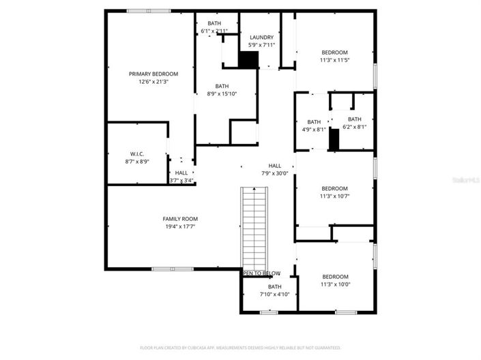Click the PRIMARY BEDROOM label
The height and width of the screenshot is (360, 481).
154,74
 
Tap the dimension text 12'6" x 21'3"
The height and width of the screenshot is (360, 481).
154,82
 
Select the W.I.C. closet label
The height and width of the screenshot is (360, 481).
137,154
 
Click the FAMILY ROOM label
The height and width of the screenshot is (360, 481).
179,219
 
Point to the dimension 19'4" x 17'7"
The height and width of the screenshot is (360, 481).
179,227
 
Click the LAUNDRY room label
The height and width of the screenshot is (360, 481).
261,37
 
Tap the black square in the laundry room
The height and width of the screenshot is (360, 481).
248,59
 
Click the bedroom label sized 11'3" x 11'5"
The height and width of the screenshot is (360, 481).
334,52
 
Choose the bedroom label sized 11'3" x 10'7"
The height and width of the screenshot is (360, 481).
334,189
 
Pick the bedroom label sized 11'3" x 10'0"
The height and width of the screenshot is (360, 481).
334,277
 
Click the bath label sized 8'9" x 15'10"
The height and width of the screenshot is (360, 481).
222,86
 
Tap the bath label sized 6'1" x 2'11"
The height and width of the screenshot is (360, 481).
214,24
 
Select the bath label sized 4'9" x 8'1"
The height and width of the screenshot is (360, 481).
314,122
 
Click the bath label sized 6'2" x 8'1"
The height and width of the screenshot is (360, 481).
354,119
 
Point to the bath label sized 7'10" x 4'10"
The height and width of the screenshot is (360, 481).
274,287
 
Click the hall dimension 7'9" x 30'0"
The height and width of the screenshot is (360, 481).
274,174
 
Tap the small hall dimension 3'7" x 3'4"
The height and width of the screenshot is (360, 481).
181,181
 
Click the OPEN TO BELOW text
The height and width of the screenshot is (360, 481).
262,273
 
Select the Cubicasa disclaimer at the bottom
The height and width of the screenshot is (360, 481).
240,348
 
